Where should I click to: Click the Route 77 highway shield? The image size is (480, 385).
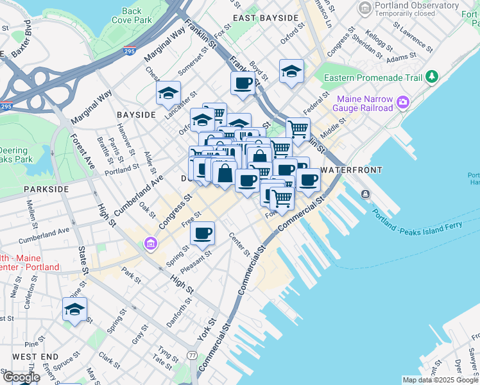(192, 355)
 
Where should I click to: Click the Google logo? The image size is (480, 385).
(21, 377)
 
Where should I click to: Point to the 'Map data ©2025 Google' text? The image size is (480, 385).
(440, 380)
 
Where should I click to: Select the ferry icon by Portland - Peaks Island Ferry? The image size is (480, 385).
(365, 194)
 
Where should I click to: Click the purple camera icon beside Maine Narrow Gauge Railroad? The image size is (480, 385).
(403, 102)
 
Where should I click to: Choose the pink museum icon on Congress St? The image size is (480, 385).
(150, 243)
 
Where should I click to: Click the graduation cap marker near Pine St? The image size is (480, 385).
(74, 309)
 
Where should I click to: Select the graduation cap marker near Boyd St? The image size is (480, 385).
(291, 71)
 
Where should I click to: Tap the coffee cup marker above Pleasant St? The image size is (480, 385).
(203, 234)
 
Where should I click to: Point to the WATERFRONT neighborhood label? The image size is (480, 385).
(351, 170)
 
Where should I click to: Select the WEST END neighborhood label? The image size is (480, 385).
(35, 356)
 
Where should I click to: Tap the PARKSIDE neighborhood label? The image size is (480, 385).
(46, 189)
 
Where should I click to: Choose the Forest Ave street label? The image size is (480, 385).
(83, 151)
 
